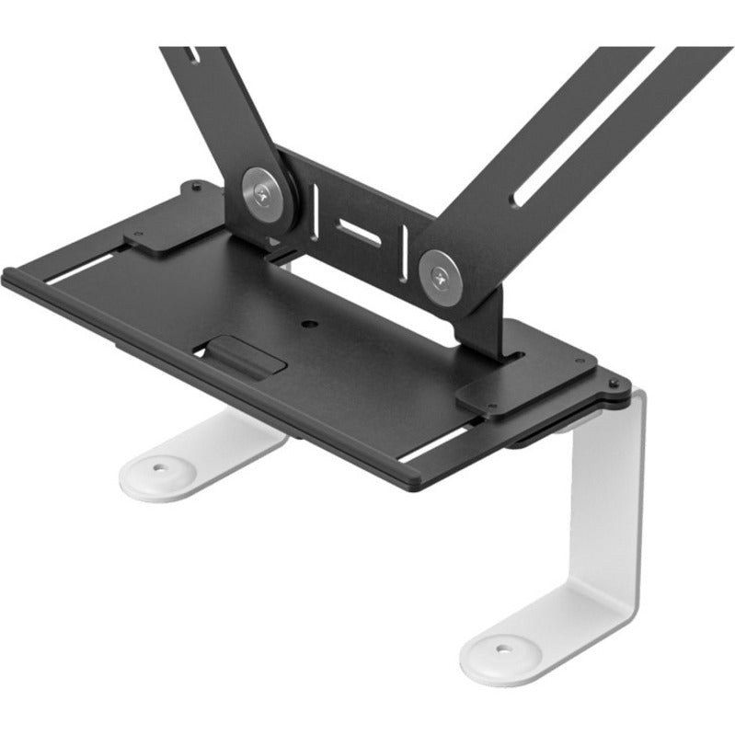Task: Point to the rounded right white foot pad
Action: coord(515,649)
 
